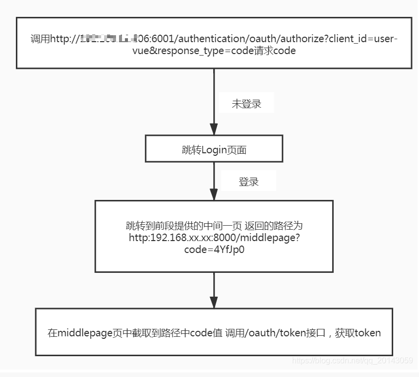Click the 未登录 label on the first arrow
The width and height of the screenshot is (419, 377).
[246, 104]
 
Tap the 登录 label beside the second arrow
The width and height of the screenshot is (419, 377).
[248, 182]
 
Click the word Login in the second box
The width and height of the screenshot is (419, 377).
[214, 150]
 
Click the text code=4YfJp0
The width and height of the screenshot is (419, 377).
[214, 250]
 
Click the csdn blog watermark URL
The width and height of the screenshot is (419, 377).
[353, 361]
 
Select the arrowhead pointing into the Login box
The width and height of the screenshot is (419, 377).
[214, 130]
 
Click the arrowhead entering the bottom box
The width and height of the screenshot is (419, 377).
[214, 302]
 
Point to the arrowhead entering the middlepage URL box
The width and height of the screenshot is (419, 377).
[214, 194]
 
